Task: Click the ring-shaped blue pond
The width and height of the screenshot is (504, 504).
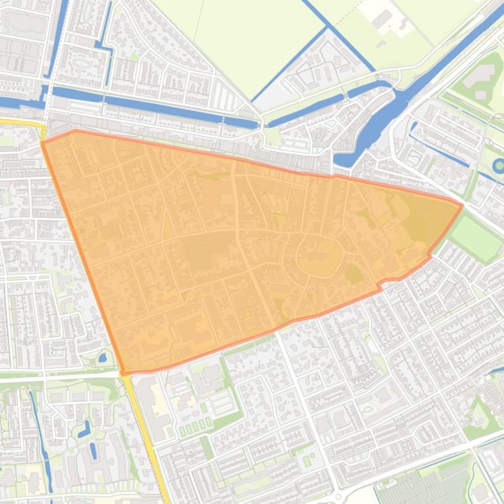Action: coord(497,164)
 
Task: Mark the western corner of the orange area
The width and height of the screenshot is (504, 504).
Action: coord(43,142)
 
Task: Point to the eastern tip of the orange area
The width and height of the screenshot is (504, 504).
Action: coord(462,205)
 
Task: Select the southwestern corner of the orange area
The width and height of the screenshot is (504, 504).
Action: coord(123,373)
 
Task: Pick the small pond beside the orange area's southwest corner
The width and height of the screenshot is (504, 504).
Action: coord(102,357)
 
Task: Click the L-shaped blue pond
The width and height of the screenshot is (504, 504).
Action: coord(84,429)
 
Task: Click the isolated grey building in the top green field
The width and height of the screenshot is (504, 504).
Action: coord(382,19)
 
